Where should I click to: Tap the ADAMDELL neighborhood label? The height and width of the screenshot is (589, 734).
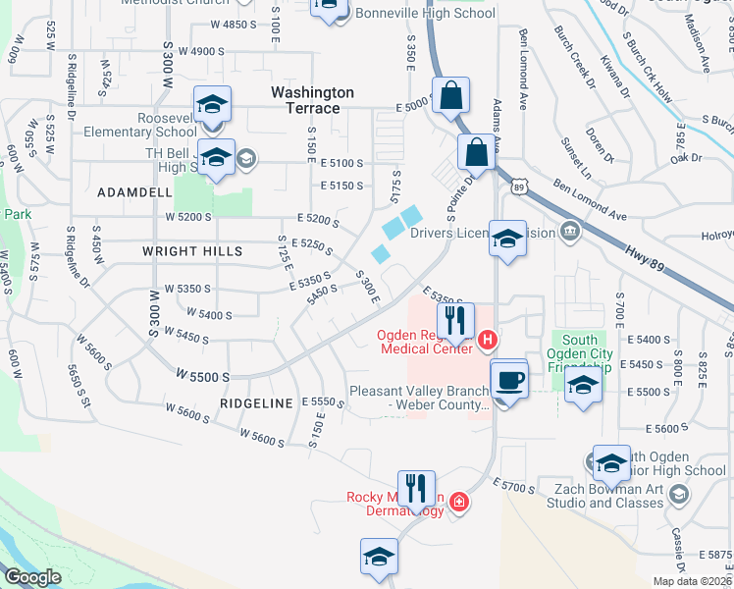[x=134, y=192]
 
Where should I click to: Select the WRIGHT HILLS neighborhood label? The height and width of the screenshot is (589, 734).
[x=192, y=251]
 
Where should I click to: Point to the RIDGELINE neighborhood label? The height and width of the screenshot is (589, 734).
[x=256, y=403]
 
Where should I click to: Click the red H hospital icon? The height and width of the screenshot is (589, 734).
[x=489, y=342]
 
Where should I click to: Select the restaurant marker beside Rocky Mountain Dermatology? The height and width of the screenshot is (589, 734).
[x=416, y=488]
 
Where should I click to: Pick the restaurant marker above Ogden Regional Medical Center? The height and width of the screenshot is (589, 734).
[x=455, y=320]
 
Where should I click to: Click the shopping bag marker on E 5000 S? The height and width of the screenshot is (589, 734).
[x=450, y=96]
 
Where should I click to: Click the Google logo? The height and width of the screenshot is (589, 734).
[x=32, y=577]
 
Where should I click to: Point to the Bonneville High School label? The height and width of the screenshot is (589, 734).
[x=424, y=14]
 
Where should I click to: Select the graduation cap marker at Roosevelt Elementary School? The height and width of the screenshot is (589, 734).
[x=212, y=106]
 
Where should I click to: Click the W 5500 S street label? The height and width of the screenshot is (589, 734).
[x=203, y=376]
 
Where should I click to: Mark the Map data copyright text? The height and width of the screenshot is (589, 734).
[x=691, y=581]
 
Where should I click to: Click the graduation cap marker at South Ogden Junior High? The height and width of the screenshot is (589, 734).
[x=610, y=462]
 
